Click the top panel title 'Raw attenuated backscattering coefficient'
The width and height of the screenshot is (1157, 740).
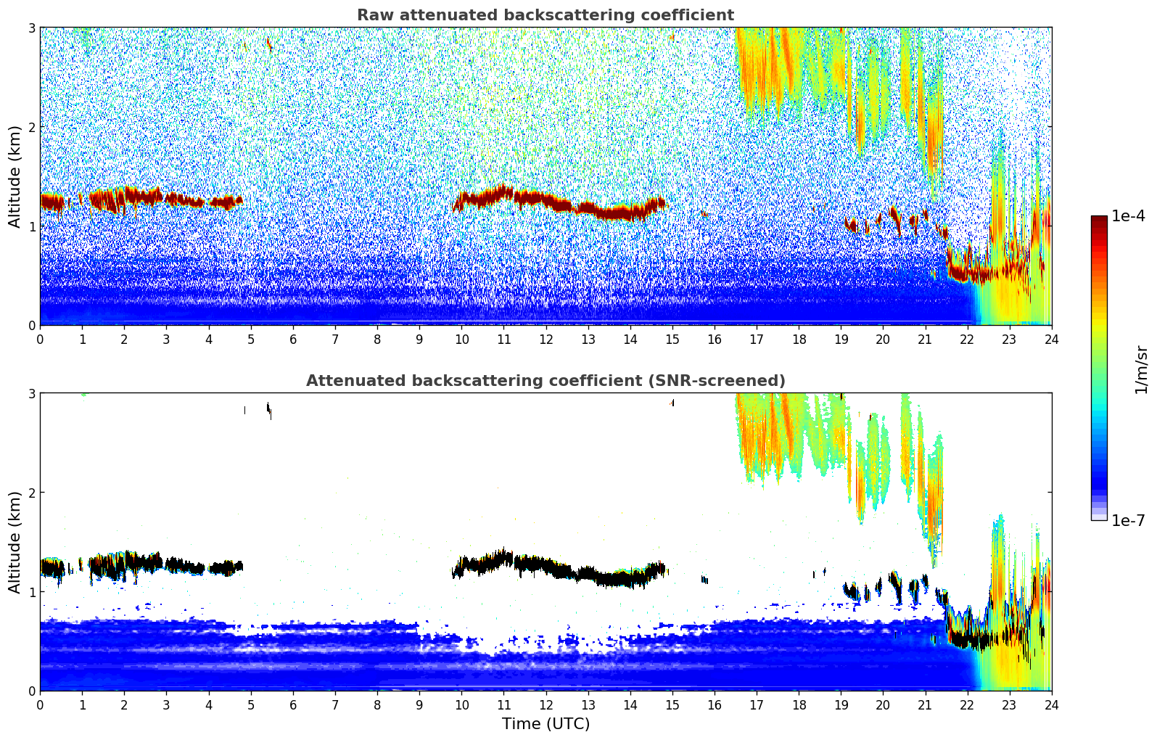click(x=545, y=15)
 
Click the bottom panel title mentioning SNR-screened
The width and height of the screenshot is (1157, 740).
click(x=545, y=381)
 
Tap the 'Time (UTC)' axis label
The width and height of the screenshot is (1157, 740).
click(x=545, y=724)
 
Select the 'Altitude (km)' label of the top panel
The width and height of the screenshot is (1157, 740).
click(x=15, y=176)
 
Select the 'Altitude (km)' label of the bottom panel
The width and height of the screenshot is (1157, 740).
click(x=15, y=542)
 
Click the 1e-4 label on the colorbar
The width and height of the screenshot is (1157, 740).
click(x=1128, y=216)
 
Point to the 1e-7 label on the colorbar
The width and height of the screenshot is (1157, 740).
click(x=1128, y=520)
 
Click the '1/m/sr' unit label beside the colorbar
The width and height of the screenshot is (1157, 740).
click(x=1141, y=369)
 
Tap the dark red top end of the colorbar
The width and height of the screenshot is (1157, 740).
click(x=1099, y=220)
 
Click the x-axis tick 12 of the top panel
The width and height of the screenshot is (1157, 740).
click(x=545, y=339)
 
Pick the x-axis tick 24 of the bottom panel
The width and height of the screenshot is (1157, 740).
click(x=1051, y=704)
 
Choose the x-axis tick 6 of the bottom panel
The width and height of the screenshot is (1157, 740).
click(x=293, y=704)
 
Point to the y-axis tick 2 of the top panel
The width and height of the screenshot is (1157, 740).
click(x=32, y=127)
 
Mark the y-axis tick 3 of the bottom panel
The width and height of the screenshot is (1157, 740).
click(x=32, y=393)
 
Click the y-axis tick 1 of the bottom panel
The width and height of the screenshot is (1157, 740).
click(x=32, y=592)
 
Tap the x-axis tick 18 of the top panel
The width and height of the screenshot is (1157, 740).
click(x=799, y=339)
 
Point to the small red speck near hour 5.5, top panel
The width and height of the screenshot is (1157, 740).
click(x=269, y=44)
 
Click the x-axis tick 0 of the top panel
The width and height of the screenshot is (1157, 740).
click(x=40, y=339)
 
